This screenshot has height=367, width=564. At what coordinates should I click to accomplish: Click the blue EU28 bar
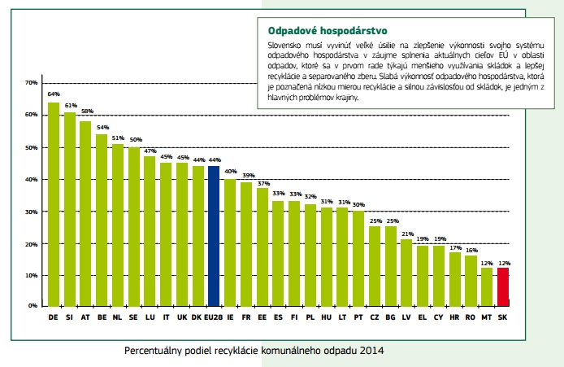214,236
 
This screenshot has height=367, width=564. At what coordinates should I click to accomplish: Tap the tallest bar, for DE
54,204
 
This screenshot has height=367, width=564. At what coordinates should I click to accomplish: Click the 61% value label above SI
71,105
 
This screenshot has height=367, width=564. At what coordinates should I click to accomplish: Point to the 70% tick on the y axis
32,83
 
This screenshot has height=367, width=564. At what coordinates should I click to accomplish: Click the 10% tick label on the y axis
32,276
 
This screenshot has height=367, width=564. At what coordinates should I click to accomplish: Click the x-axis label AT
85,317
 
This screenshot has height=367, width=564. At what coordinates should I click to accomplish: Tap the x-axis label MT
487,317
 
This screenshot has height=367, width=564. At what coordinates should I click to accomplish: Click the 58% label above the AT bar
86,111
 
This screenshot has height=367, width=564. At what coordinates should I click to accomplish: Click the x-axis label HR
454,317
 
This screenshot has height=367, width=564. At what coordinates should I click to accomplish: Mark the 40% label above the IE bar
230,171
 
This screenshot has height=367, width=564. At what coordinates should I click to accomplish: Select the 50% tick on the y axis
32,147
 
